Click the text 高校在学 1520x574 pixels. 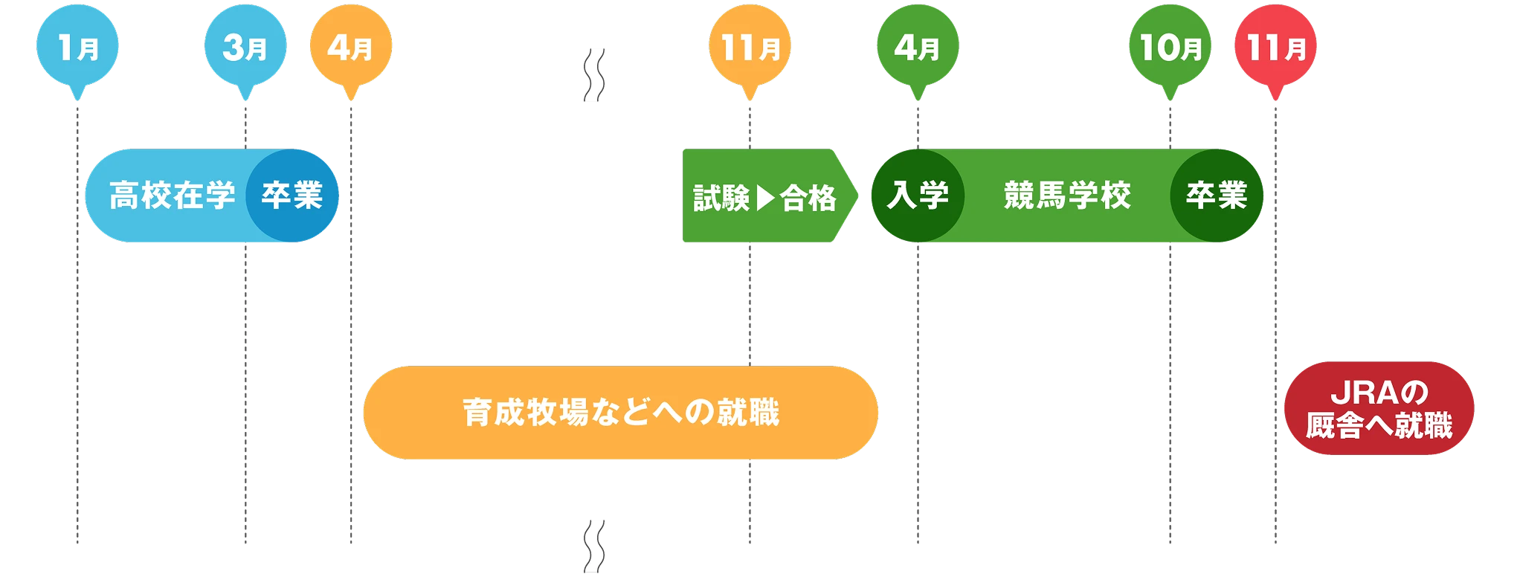click(x=172, y=196)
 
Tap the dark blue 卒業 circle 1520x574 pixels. click(x=292, y=196)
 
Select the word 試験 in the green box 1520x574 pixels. click(x=721, y=199)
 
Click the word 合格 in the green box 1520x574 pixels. click(x=808, y=199)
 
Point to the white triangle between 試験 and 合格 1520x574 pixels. click(x=765, y=199)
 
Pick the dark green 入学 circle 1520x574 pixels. click(x=918, y=196)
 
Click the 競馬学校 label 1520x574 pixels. click(x=1067, y=196)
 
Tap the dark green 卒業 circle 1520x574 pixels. click(x=1217, y=196)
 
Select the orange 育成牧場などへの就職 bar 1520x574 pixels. click(x=620, y=413)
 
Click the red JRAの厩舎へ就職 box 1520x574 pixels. click(x=1379, y=409)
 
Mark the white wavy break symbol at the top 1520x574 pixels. click(x=593, y=77)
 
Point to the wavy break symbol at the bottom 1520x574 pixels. click(x=594, y=546)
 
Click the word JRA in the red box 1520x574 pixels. click(x=1356, y=392)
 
